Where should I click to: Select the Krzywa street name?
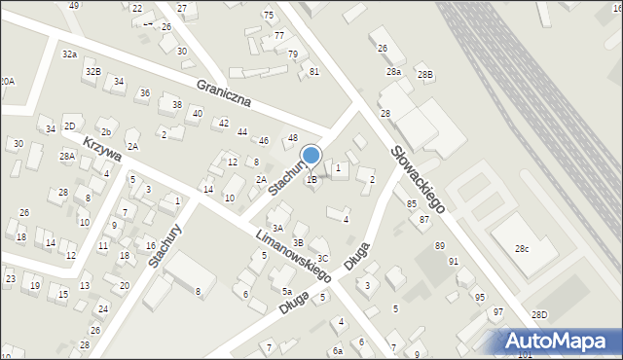click(101, 149)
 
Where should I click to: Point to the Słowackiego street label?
click(420, 179)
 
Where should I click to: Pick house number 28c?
click(522, 250)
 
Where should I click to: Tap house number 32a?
click(69, 54)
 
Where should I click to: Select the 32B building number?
click(92, 72)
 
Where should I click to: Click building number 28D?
click(539, 314)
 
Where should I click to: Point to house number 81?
click(313, 72)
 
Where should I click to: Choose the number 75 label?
click(269, 15)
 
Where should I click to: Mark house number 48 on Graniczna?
click(292, 138)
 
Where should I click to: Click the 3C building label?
click(322, 258)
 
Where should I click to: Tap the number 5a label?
click(287, 291)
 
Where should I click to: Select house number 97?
click(497, 311)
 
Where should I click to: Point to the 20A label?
click(7, 82)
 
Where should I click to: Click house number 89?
click(440, 245)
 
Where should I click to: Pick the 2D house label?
click(69, 126)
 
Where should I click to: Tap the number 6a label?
click(338, 350)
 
